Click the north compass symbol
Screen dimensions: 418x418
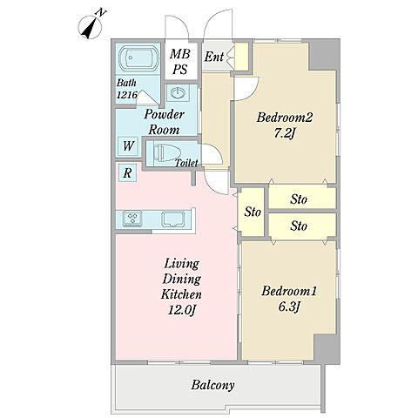click(x=91, y=27)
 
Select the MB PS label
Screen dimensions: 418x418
click(x=180, y=61)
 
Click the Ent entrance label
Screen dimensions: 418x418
click(x=214, y=57)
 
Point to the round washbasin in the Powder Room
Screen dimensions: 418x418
click(x=177, y=93)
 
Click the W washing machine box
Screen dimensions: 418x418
click(x=128, y=146)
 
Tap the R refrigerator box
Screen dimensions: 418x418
click(x=127, y=173)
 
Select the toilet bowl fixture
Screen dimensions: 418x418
click(x=166, y=152)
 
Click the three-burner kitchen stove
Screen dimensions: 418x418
click(x=132, y=219)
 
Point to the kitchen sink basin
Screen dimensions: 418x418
click(x=173, y=219)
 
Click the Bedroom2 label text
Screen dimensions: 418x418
click(x=285, y=118)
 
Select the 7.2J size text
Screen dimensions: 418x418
click(x=285, y=134)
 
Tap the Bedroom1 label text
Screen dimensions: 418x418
click(x=289, y=291)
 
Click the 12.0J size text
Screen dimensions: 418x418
click(x=181, y=311)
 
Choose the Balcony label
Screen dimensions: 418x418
click(x=212, y=386)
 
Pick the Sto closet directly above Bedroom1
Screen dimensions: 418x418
click(x=302, y=226)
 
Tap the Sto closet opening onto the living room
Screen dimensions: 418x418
click(x=251, y=212)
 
